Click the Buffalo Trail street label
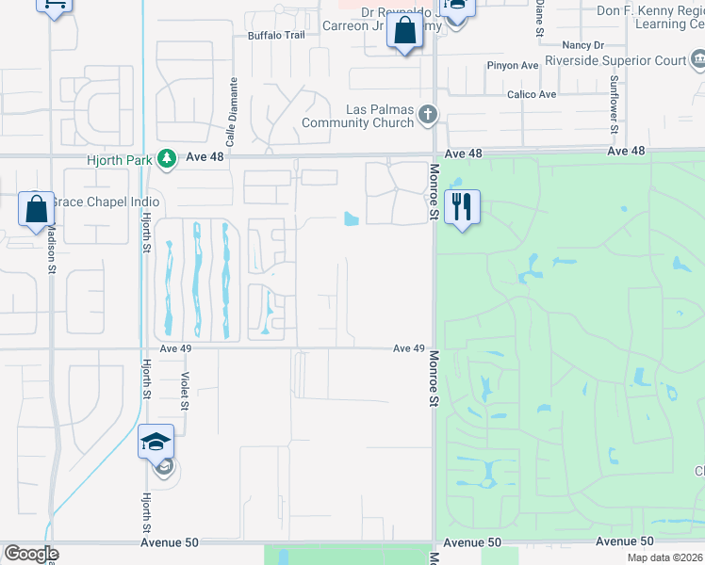pos(277,36)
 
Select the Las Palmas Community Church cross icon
pos(428,115)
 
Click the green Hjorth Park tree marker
pos(166,159)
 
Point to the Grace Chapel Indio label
pos(105,202)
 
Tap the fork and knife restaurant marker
pos(462,206)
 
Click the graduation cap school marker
pos(156,441)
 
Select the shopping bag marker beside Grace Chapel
pos(36,208)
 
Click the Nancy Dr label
pos(582,44)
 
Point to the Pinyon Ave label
pos(512,66)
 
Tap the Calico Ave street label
pos(533,94)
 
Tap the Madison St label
pos(51,250)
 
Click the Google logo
pos(31,554)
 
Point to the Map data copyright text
pos(664,557)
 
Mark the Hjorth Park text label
pos(119,160)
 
